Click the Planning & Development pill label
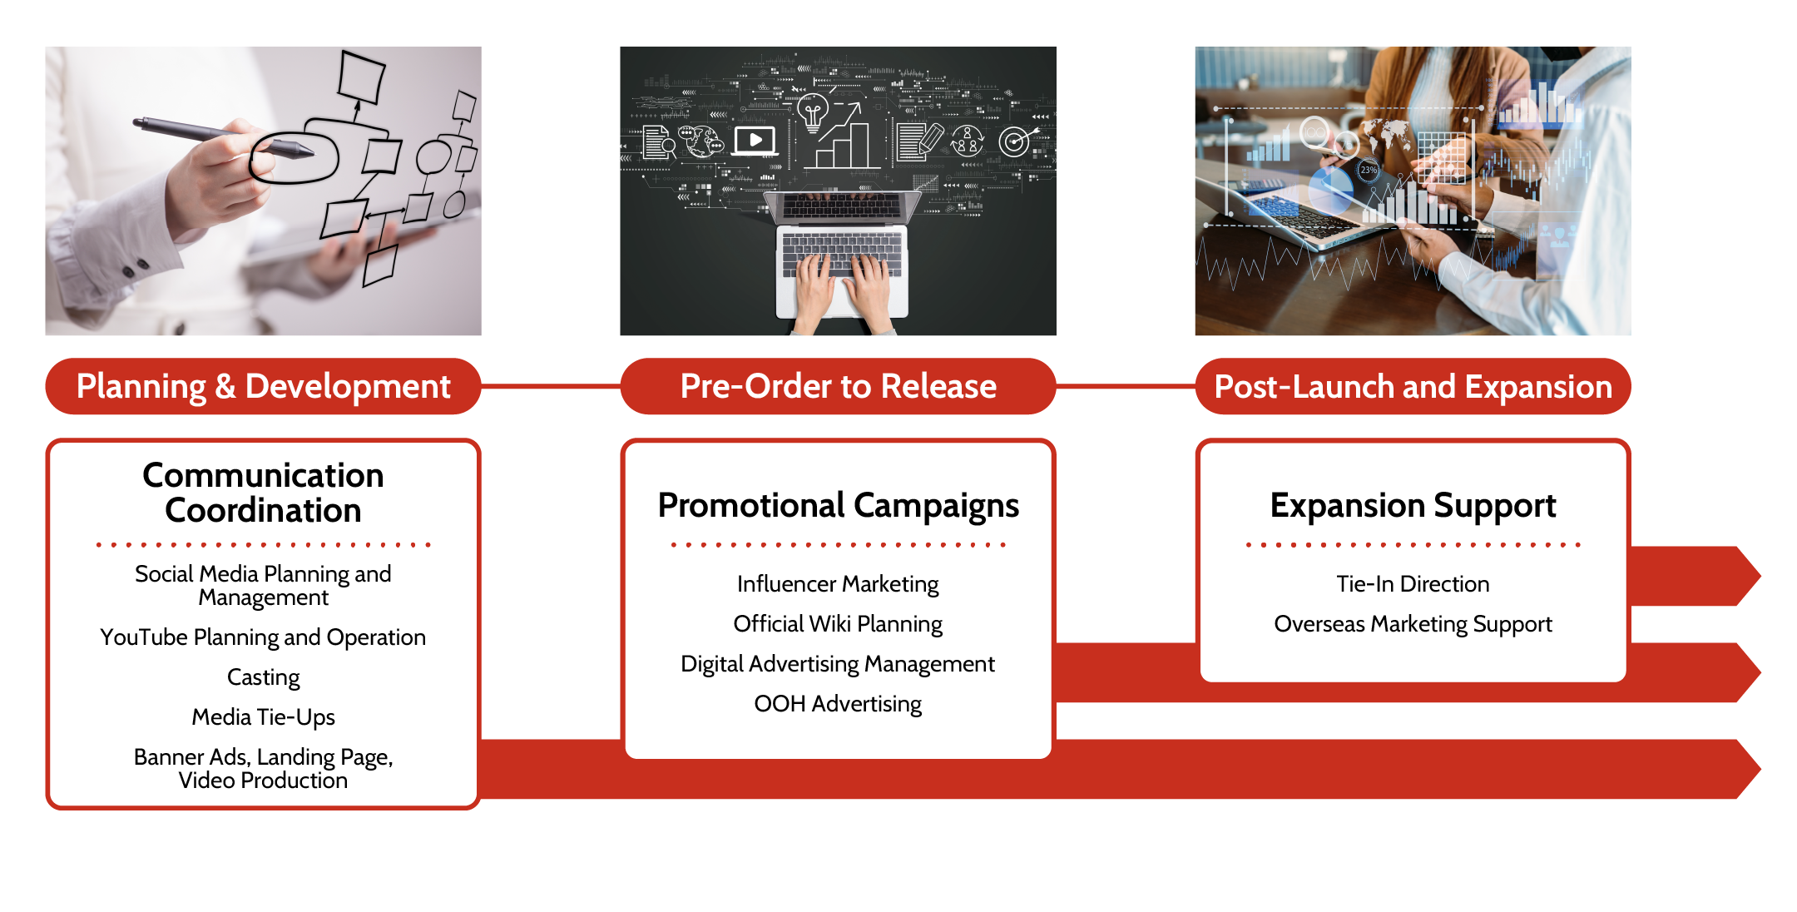(x=263, y=386)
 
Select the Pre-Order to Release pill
(x=838, y=386)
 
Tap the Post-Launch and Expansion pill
(x=1413, y=386)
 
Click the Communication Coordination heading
(x=263, y=493)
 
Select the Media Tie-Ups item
(x=263, y=717)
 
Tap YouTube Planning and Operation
(x=263, y=637)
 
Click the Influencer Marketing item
(x=838, y=584)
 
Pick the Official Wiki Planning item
(x=838, y=624)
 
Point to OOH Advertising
(x=838, y=704)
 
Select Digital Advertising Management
(x=838, y=664)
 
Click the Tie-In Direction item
(x=1413, y=584)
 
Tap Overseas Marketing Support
(x=1413, y=624)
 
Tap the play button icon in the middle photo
(x=755, y=141)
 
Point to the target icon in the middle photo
(x=1015, y=141)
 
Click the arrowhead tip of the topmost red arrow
(x=1761, y=576)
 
